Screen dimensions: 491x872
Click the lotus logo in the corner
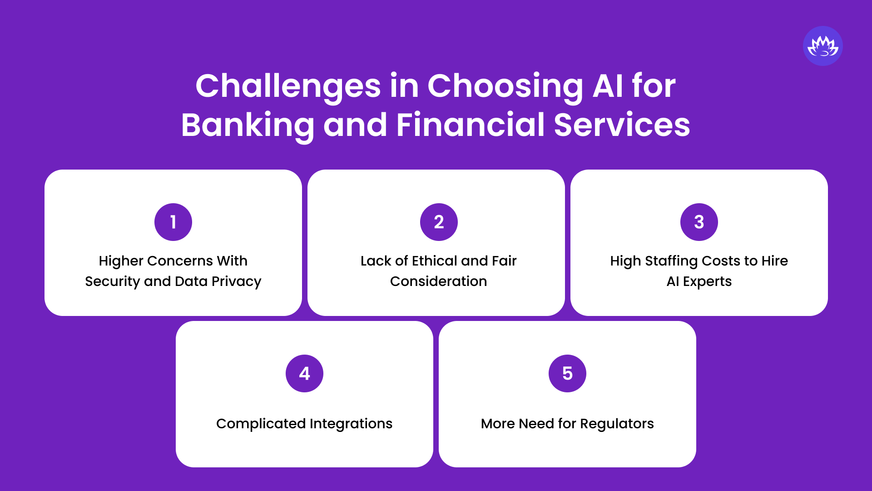click(822, 46)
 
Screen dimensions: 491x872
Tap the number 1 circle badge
click(173, 222)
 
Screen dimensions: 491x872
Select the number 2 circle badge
click(439, 222)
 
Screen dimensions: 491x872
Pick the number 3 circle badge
click(699, 222)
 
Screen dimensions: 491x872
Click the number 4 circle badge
click(304, 373)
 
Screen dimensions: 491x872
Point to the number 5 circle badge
click(567, 373)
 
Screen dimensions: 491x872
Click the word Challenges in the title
click(288, 86)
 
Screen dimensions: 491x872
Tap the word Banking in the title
click(248, 125)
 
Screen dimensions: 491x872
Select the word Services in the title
click(622, 125)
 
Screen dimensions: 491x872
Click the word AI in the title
click(608, 86)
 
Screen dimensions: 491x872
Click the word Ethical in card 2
click(434, 261)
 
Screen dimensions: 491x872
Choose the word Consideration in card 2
click(438, 281)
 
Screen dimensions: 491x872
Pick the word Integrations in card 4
click(351, 424)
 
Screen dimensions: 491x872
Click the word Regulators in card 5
click(617, 424)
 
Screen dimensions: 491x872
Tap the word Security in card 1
click(112, 281)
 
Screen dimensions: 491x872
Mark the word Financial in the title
click(471, 125)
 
